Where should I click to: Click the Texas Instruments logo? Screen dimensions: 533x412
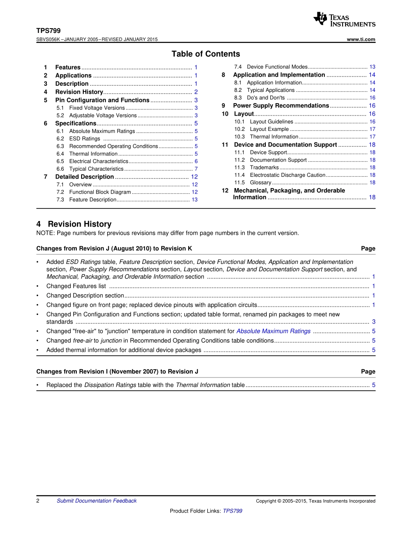click(344, 19)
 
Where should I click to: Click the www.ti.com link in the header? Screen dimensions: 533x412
click(361, 39)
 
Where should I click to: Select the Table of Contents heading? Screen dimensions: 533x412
click(206, 54)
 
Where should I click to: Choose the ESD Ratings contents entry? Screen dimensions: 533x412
click(85, 139)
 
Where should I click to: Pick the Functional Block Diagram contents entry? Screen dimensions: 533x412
click(100, 192)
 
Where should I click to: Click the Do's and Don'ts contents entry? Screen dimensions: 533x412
click(265, 98)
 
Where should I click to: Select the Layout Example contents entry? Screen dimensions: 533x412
click(269, 129)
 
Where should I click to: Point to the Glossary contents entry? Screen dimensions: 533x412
click(261, 182)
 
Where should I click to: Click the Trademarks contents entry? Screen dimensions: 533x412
click(264, 167)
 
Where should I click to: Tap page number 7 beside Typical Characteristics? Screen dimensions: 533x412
click(196, 169)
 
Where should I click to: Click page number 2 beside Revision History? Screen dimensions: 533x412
click(196, 92)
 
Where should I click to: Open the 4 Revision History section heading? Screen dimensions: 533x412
click(74, 224)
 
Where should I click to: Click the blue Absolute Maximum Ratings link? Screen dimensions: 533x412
click(273, 331)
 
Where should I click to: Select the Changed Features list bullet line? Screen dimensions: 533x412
click(76, 286)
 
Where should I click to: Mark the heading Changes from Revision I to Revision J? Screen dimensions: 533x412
click(117, 371)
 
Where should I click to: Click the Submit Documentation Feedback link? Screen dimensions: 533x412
click(96, 501)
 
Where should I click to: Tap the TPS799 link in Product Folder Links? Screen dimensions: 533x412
click(232, 511)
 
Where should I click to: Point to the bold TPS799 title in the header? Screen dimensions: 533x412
click(49, 31)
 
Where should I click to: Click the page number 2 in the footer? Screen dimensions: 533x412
click(38, 501)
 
